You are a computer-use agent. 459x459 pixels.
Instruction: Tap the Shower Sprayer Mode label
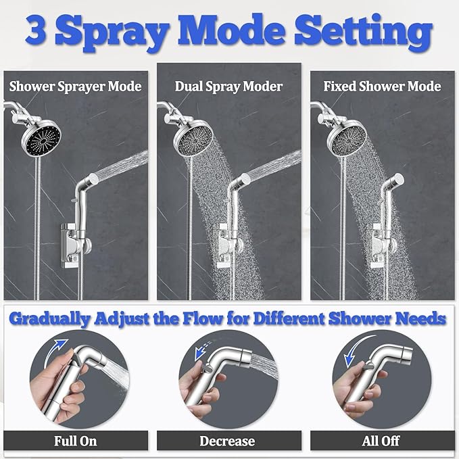[x=75, y=87]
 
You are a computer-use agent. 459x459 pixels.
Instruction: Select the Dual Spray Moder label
[x=229, y=87]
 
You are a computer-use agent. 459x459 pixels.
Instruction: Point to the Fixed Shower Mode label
[x=382, y=87]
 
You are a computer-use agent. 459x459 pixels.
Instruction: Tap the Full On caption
[x=75, y=441]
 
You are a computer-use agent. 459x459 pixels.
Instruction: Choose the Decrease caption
[x=227, y=441]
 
